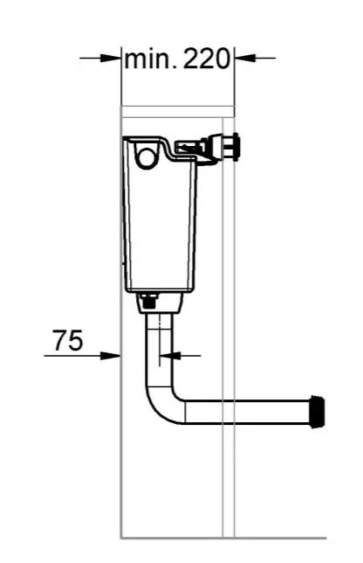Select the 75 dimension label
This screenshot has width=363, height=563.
click(67, 340)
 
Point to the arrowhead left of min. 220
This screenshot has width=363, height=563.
click(111, 59)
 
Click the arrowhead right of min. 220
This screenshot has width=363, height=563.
click(243, 59)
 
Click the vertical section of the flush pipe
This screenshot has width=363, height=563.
click(159, 350)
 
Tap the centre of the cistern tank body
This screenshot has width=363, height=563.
click(160, 223)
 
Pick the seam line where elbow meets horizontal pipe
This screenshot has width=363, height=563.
click(186, 411)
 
